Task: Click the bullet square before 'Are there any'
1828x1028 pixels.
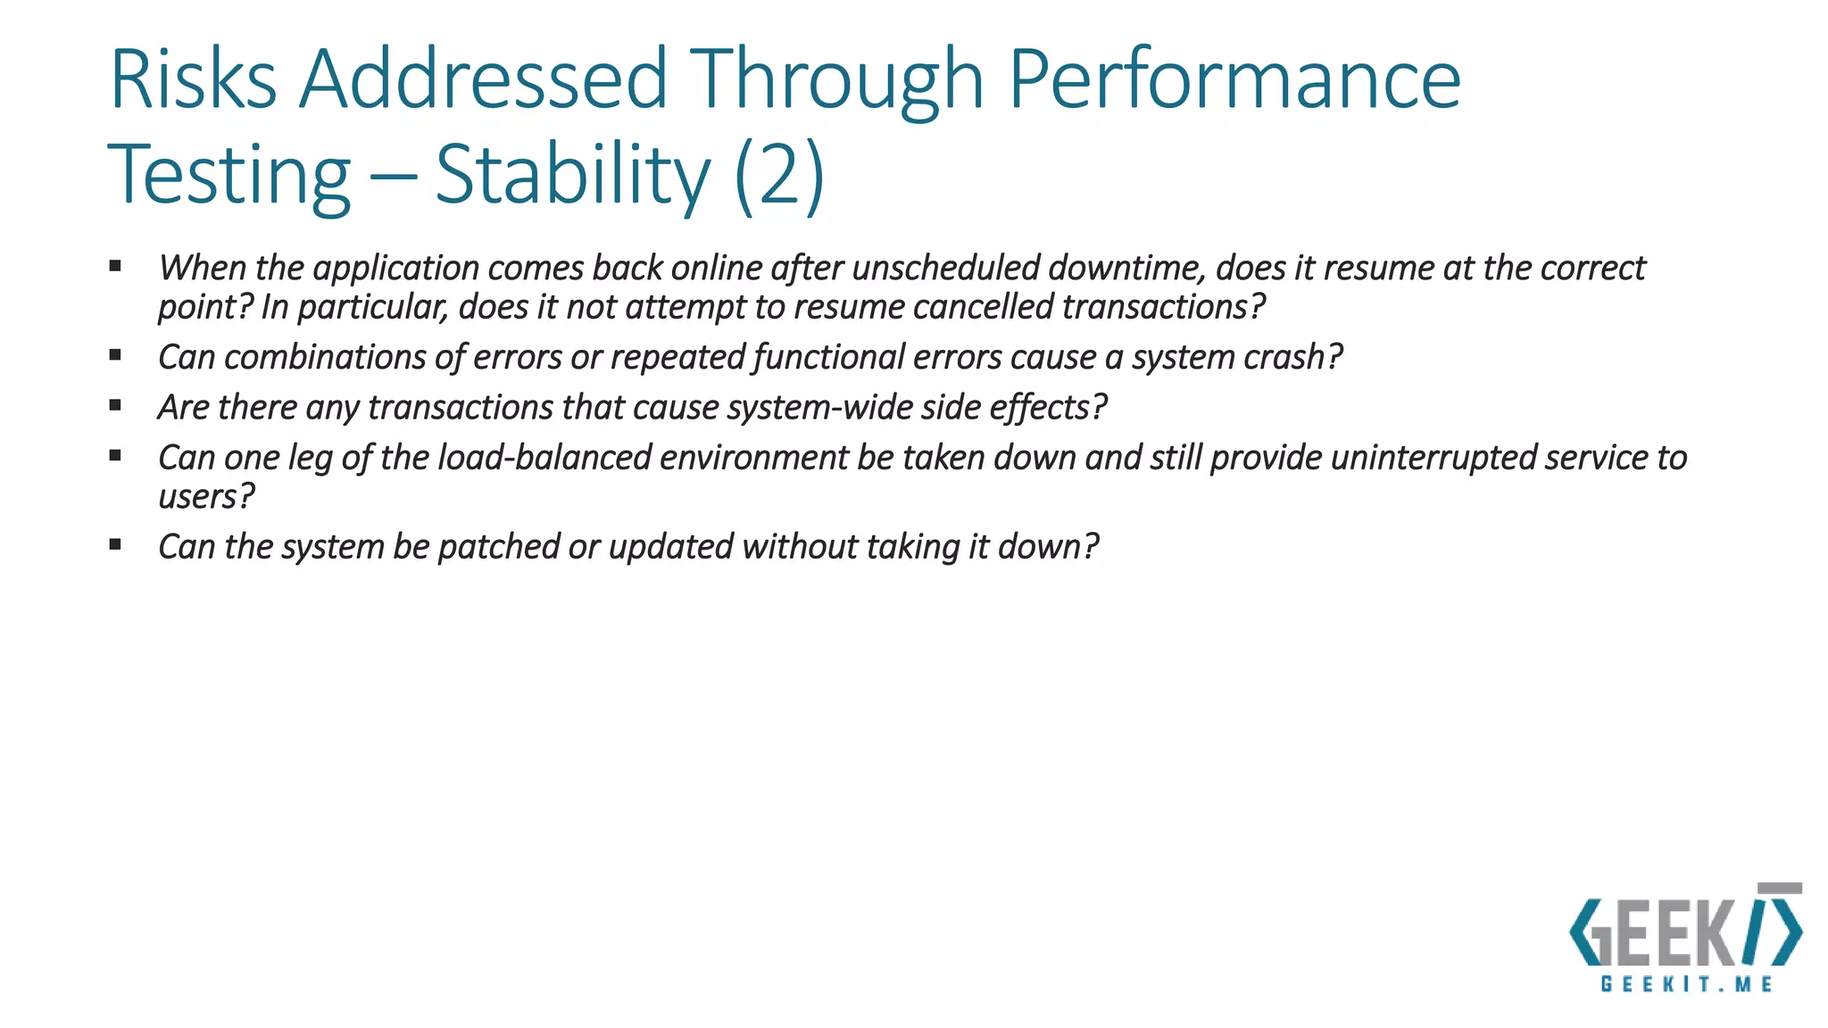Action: coord(115,405)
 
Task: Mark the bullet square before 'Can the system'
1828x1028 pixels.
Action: coord(115,544)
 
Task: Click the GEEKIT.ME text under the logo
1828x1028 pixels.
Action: coord(1686,984)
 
